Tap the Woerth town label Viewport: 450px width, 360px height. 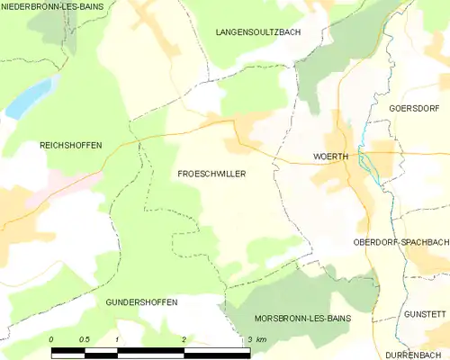[330, 156]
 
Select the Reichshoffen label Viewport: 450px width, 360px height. [71, 145]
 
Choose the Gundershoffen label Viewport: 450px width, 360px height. [141, 301]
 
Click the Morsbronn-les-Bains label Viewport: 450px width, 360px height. [301, 319]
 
